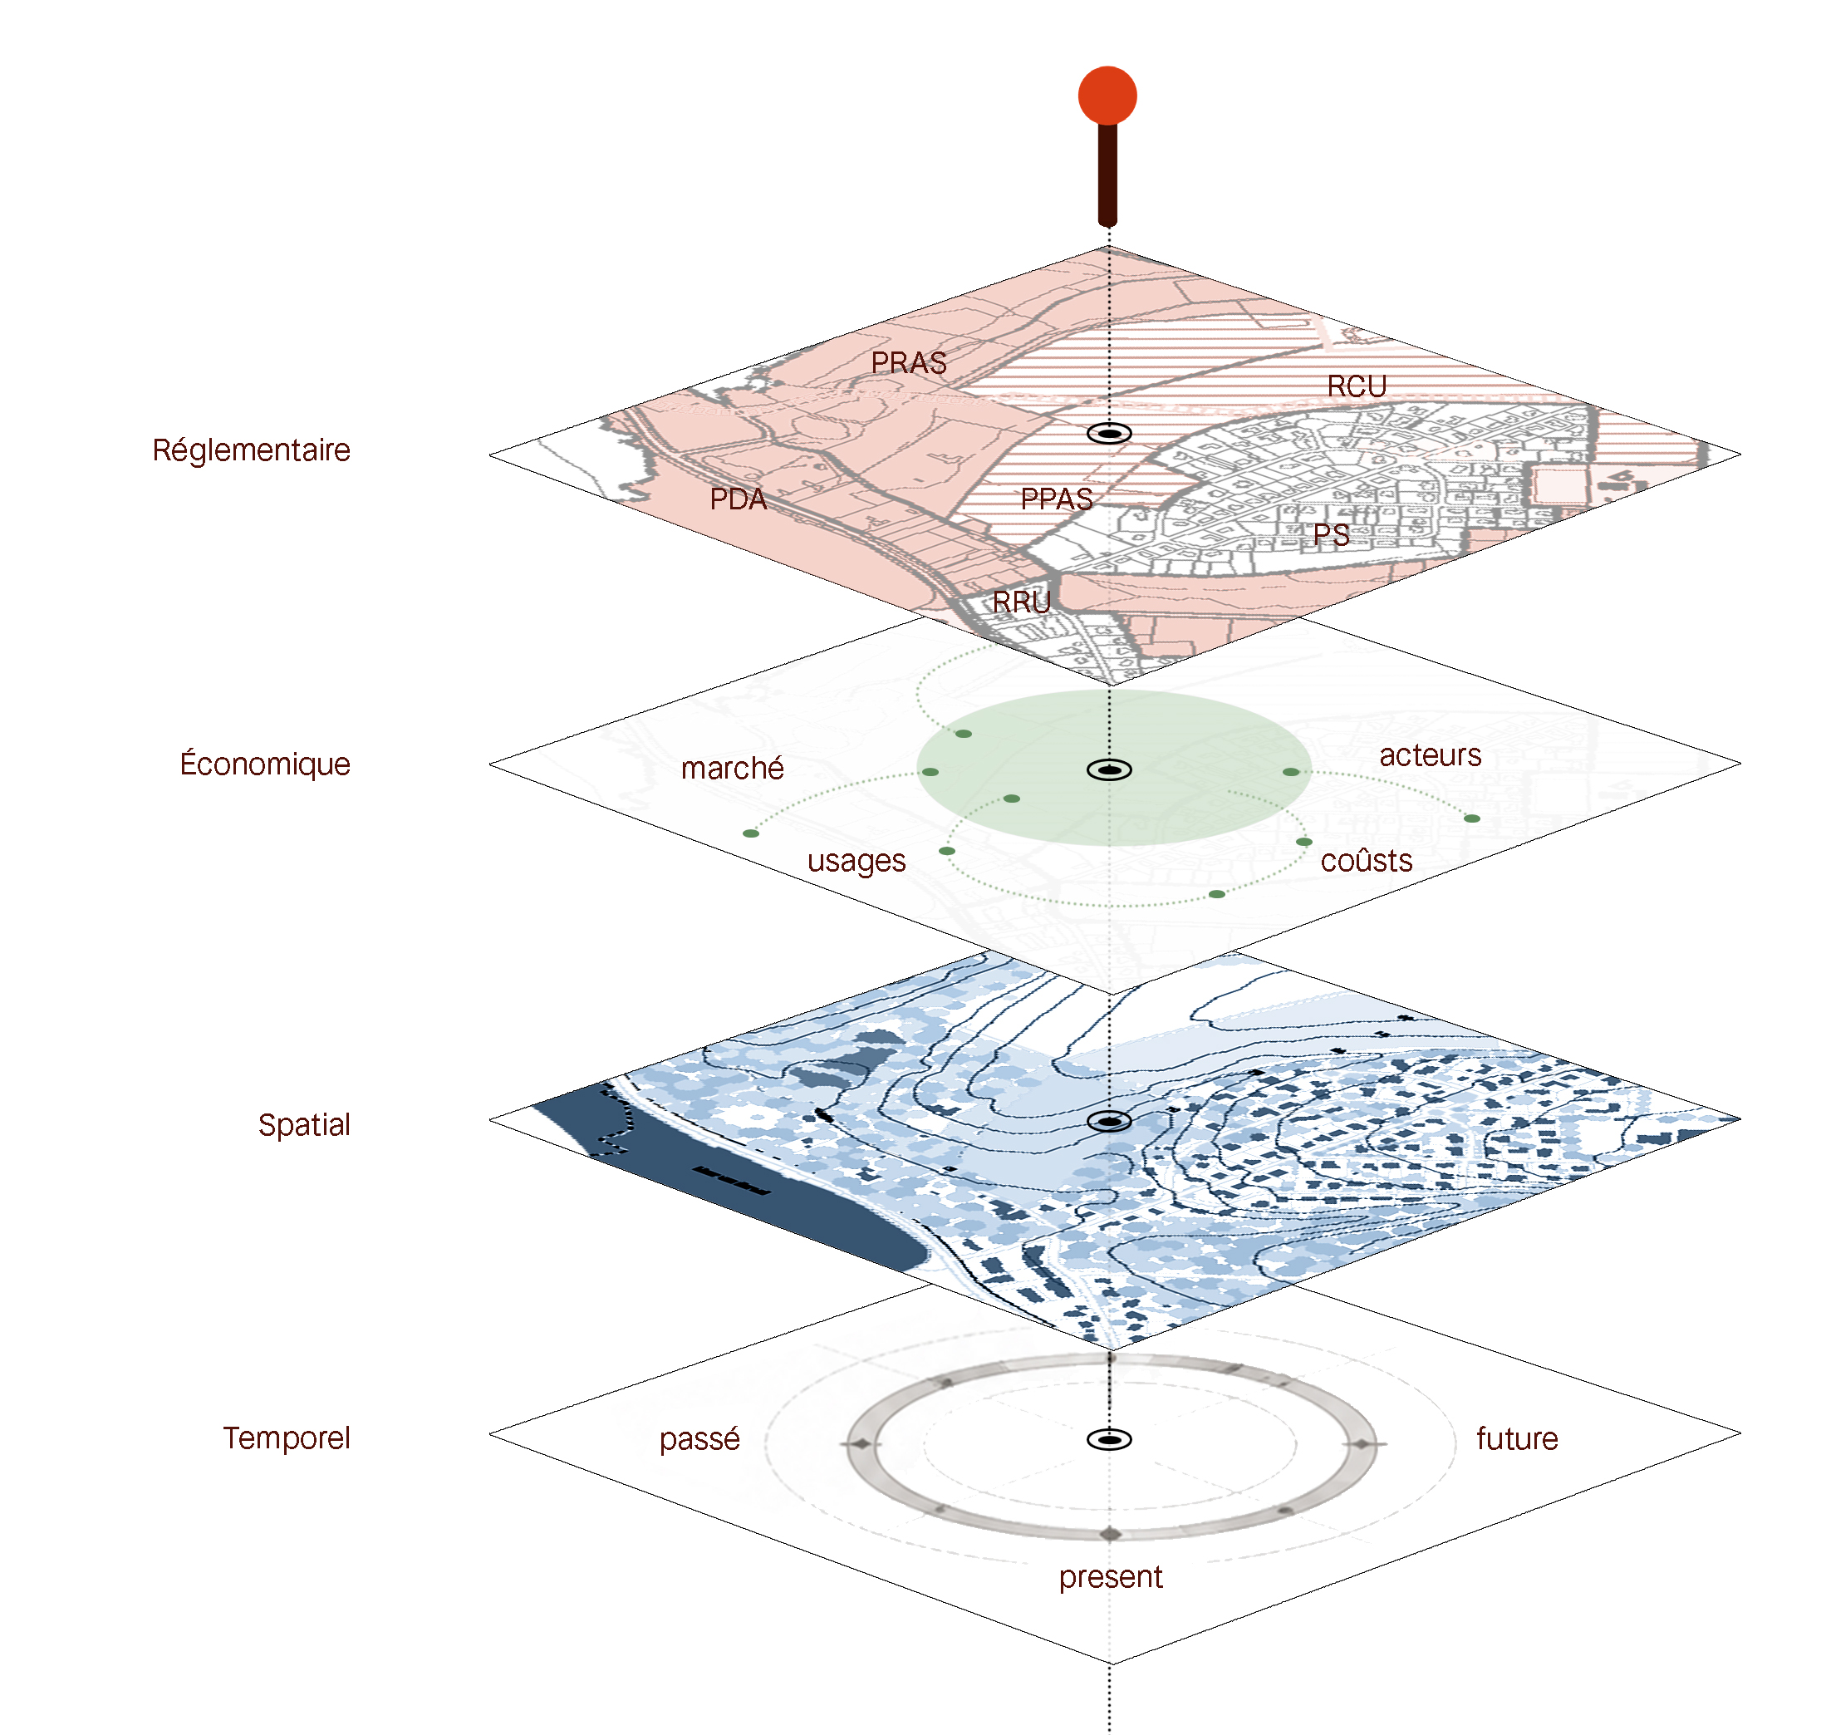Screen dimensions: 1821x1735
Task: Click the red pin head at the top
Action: [x=1107, y=96]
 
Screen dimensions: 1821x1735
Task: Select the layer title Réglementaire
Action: [x=252, y=450]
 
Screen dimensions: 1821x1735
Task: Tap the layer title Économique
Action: [x=266, y=763]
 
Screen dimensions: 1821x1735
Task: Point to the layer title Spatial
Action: [x=304, y=1124]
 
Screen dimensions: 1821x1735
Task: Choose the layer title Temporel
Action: [x=287, y=1438]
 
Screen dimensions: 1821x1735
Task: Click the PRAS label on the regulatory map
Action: [x=909, y=362]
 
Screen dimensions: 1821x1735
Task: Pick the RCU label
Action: [x=1357, y=386]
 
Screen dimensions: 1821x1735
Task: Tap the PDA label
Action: [x=738, y=499]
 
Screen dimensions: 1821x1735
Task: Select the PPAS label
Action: [x=1056, y=499]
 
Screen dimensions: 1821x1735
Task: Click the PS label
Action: [x=1332, y=534]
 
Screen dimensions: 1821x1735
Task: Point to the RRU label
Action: [x=1022, y=602]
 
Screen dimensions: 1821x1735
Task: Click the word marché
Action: [x=733, y=768]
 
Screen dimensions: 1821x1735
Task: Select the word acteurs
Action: [x=1431, y=754]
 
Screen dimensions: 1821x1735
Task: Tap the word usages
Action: [x=857, y=862]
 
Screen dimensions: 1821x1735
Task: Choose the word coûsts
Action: [x=1367, y=860]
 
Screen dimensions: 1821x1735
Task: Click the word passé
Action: [x=700, y=1439]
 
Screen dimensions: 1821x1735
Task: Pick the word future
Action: [x=1517, y=1438]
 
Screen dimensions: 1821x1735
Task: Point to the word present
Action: [x=1111, y=1577]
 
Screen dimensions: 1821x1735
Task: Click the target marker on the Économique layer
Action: [x=1109, y=769]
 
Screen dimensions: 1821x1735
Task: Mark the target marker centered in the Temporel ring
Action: [x=1109, y=1439]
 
